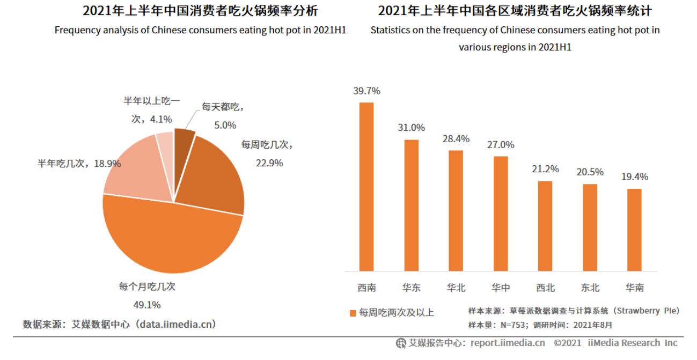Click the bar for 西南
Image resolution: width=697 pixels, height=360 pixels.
click(366, 186)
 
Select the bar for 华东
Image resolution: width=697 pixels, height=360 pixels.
click(411, 205)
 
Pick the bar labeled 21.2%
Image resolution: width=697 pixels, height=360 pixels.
click(545, 226)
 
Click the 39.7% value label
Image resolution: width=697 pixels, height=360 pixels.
click(366, 91)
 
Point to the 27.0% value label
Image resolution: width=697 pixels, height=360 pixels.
click(501, 145)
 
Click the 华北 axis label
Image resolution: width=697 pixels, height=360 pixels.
click(456, 288)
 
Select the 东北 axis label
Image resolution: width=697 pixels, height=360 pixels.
click(590, 288)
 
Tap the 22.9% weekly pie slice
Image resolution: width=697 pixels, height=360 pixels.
click(212, 174)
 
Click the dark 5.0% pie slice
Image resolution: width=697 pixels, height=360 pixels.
click(183, 138)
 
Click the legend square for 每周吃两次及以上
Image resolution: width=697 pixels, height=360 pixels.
click(353, 313)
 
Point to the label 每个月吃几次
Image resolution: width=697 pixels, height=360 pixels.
click(147, 286)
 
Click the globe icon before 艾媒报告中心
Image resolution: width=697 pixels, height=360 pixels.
click(401, 343)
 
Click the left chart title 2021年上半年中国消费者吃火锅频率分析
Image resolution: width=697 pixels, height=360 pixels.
click(200, 11)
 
